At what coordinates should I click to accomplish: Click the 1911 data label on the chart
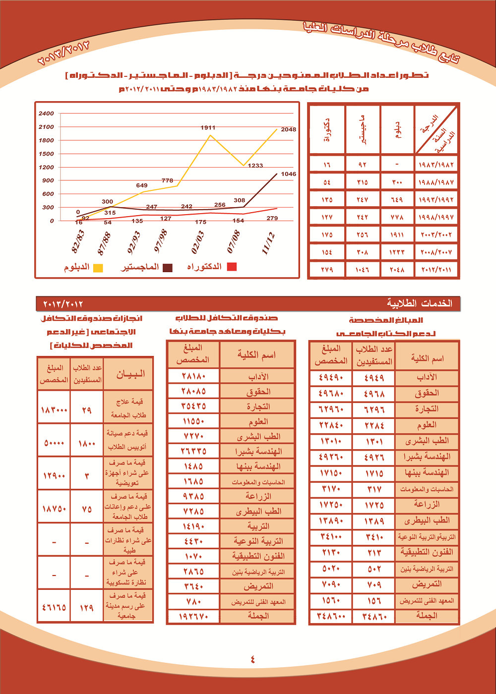(208, 128)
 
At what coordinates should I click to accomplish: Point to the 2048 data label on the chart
(288, 129)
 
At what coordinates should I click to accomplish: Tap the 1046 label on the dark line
(288, 174)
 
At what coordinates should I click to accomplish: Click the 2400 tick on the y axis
(46, 114)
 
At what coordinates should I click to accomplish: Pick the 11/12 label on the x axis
(268, 243)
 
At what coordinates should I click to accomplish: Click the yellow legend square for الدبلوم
(98, 268)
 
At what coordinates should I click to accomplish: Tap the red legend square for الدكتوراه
(231, 267)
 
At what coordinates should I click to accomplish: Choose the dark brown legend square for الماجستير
(168, 268)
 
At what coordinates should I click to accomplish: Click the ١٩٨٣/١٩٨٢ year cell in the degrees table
(436, 165)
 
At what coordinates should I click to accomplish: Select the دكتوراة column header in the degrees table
(327, 130)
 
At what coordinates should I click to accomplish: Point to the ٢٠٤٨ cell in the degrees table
(397, 270)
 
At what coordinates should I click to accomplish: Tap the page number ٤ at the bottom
(252, 659)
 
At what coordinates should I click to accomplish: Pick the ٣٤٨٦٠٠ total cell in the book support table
(330, 616)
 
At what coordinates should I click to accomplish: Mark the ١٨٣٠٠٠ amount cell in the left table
(54, 410)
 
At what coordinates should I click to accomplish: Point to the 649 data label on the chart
(142, 185)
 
